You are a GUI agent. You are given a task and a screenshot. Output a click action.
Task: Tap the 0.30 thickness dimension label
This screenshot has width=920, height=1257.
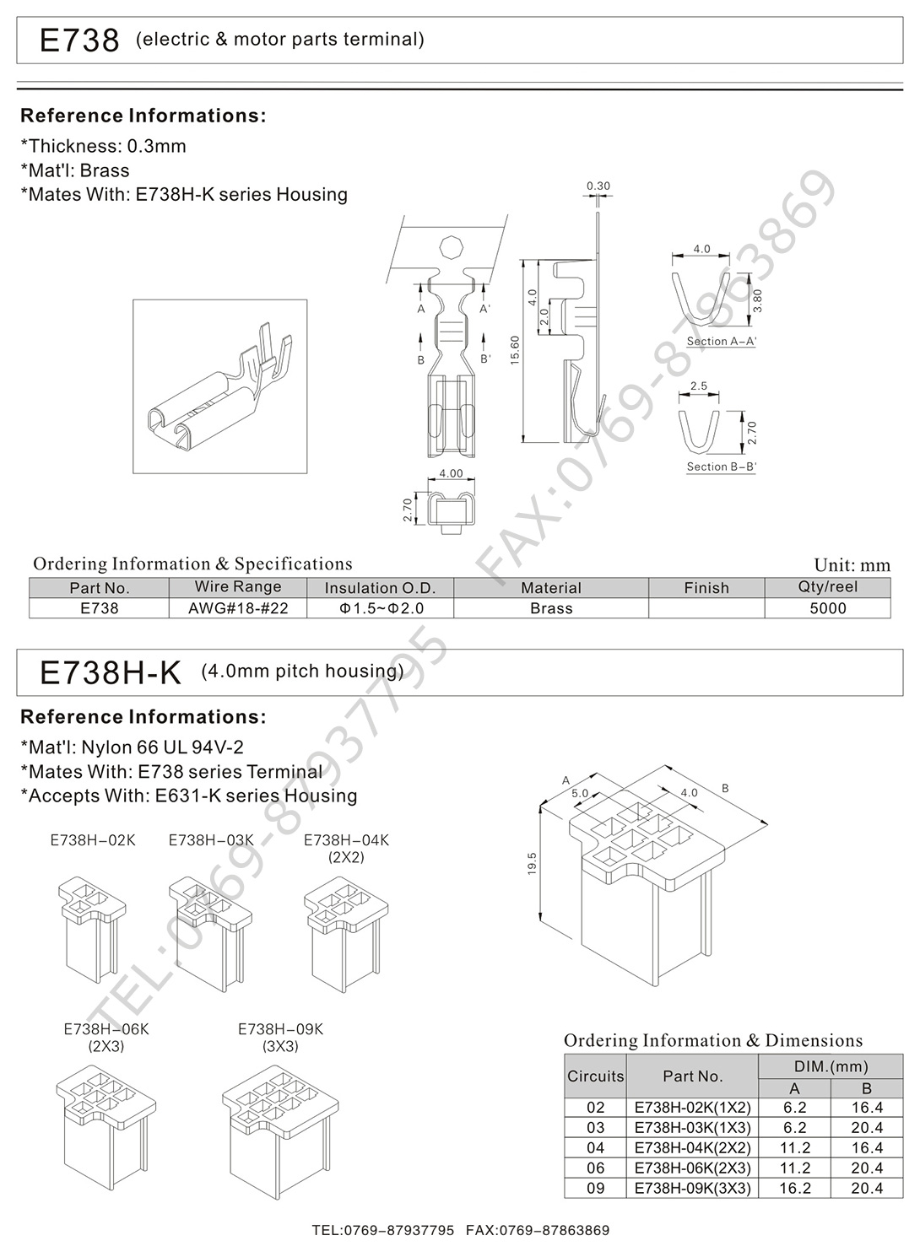click(598, 186)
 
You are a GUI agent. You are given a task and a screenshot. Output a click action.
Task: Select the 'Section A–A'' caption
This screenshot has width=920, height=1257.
click(721, 342)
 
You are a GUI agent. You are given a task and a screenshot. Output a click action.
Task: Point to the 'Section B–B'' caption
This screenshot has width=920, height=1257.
click(721, 467)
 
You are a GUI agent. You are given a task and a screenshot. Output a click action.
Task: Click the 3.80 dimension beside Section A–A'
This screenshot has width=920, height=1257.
click(757, 300)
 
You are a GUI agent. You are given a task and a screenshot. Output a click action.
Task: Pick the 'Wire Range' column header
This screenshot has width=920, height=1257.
click(238, 587)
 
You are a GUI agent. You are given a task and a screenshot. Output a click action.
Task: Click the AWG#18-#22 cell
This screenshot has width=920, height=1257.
click(238, 608)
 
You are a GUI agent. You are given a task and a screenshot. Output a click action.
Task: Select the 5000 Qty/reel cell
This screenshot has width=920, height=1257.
click(827, 608)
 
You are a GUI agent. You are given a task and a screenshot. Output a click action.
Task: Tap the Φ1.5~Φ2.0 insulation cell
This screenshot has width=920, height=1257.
click(381, 608)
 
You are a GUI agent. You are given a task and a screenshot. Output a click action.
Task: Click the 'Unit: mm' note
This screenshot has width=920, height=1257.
click(852, 565)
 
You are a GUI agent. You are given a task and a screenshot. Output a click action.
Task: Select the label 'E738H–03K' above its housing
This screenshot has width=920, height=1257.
click(211, 840)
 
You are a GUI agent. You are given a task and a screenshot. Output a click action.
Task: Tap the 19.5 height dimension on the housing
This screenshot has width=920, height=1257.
click(532, 864)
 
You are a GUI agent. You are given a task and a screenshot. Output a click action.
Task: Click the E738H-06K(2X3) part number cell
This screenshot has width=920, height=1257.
click(692, 1168)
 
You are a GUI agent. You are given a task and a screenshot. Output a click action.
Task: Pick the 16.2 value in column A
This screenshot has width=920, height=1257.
click(794, 1188)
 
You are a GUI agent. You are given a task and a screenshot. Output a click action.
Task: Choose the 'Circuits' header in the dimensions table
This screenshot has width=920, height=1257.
click(595, 1076)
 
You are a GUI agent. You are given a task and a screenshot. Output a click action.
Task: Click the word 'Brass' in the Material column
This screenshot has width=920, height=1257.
click(551, 608)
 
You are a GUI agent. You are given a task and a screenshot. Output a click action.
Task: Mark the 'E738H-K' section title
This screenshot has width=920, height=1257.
click(111, 672)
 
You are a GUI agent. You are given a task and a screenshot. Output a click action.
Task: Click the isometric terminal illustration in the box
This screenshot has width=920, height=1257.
click(219, 386)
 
